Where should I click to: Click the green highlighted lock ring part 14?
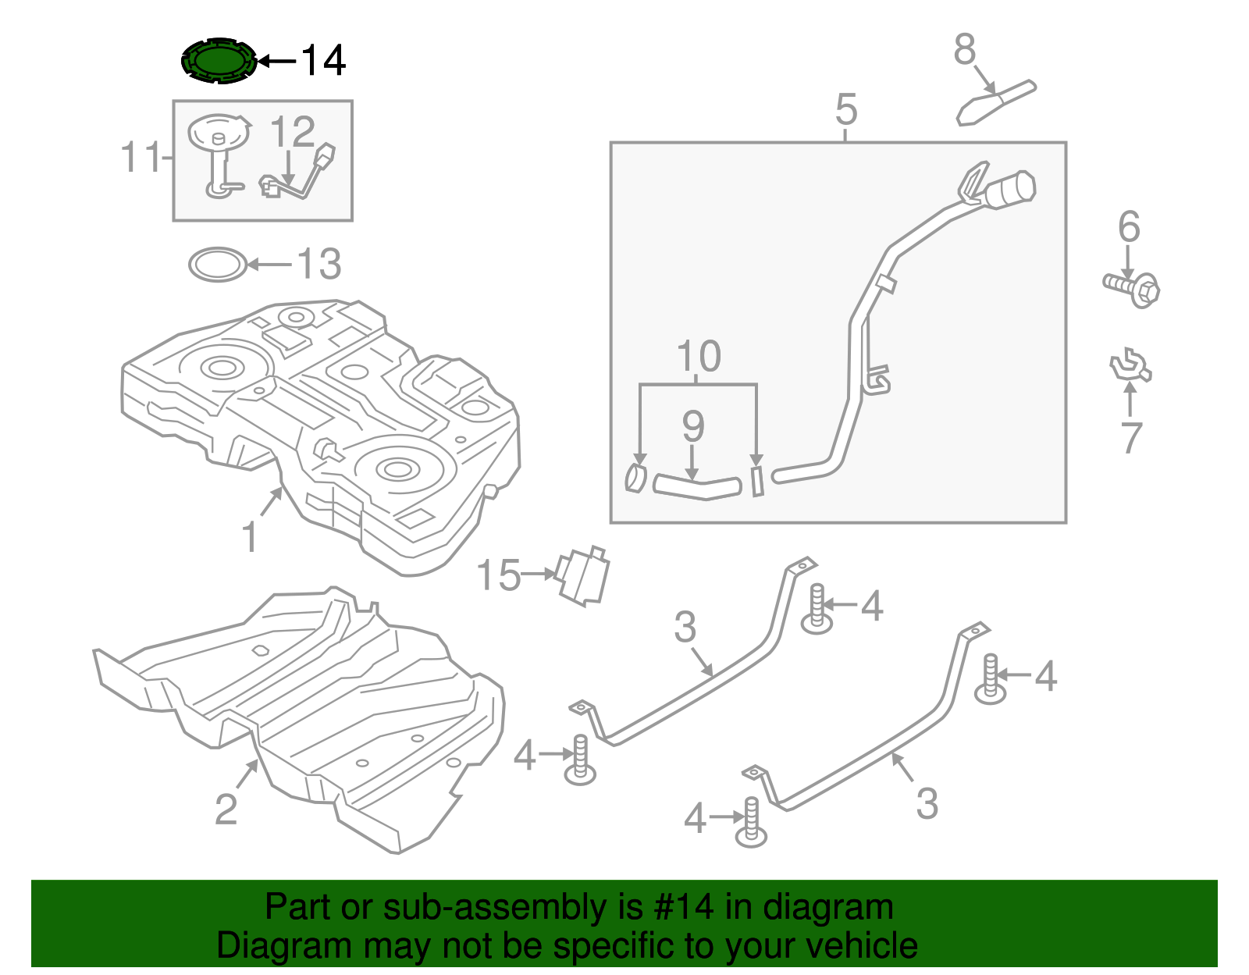coord(219,60)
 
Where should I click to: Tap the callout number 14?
coord(322,61)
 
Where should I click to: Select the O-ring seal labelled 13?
coord(218,265)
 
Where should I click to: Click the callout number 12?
coord(293,133)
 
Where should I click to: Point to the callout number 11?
coord(141,158)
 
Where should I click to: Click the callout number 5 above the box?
coord(845,110)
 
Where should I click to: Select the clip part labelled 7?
coord(1130,367)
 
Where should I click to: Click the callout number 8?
coord(965,50)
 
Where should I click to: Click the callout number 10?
coord(699,358)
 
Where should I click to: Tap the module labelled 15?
coord(583,577)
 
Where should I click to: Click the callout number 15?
coord(498,576)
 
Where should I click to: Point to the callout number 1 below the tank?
coord(250,538)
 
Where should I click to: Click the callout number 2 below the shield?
coord(226,810)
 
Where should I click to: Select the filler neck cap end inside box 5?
coord(1012,190)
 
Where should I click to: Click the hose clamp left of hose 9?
coord(636,478)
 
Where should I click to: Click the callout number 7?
coord(1131,438)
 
